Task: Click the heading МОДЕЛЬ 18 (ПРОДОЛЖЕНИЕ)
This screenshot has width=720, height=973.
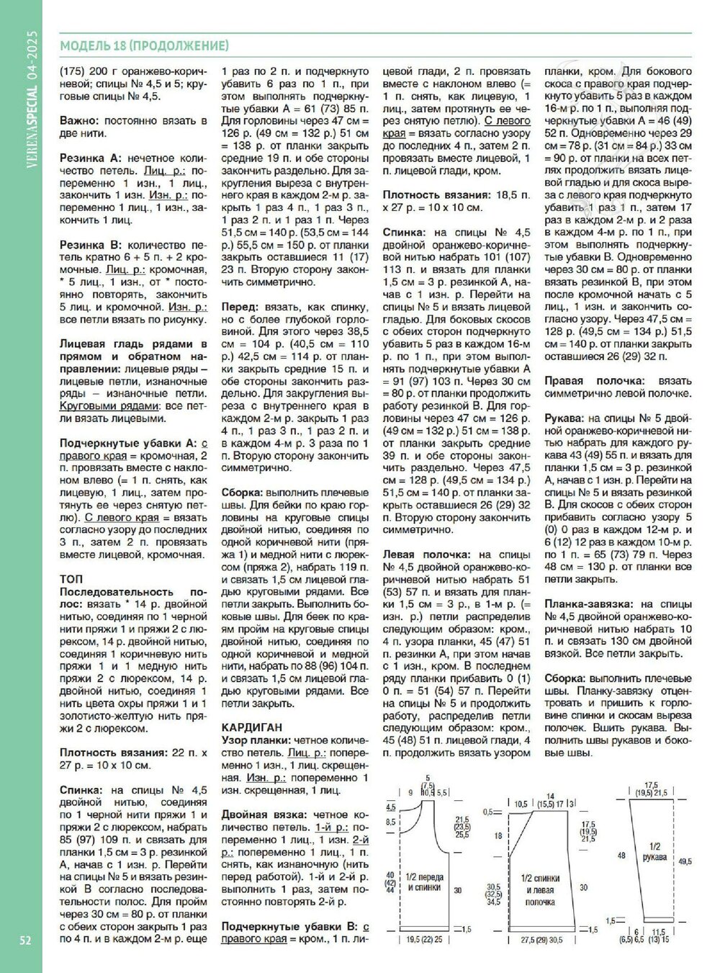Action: (x=145, y=46)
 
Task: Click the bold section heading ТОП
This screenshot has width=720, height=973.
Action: (x=71, y=578)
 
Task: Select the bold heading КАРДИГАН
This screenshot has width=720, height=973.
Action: (x=251, y=727)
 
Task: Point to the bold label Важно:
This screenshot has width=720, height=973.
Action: (x=81, y=121)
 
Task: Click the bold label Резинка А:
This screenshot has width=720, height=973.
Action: (x=91, y=157)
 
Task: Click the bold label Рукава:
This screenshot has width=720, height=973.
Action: (x=564, y=418)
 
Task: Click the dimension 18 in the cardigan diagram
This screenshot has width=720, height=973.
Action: (x=497, y=837)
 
